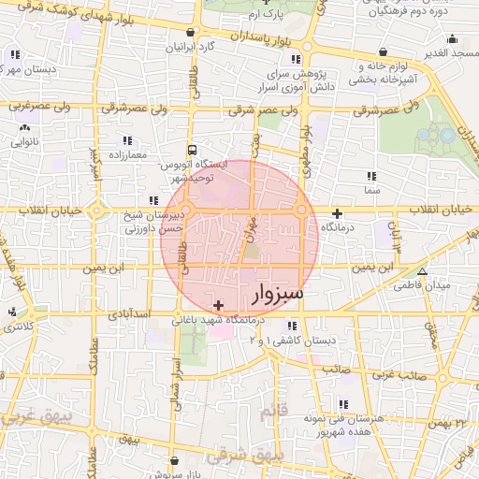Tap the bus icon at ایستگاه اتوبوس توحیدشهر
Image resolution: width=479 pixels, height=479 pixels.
192,149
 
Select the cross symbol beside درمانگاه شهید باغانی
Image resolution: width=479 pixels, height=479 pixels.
219,305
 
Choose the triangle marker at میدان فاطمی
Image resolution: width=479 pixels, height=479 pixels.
422,272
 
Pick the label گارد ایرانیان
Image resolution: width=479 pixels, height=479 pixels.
191,45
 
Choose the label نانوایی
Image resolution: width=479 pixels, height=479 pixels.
20,144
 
